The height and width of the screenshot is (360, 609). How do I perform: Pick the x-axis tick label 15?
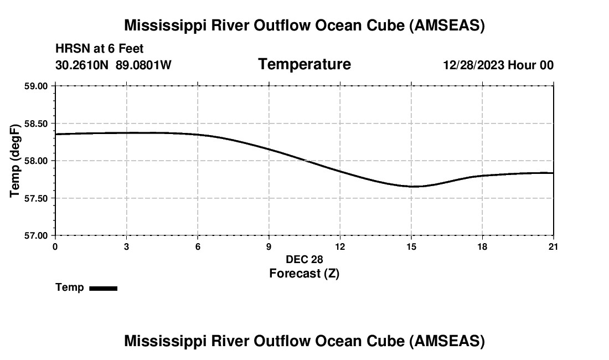[x=411, y=246]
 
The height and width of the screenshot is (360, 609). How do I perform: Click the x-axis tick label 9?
[x=269, y=246]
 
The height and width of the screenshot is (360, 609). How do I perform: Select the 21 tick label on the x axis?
[x=553, y=246]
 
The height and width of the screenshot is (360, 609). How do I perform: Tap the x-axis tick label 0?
[x=55, y=246]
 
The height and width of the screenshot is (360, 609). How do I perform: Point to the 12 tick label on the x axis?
[x=340, y=246]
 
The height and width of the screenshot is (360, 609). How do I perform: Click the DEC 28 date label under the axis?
[x=304, y=259]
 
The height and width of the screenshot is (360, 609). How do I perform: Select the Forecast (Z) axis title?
[x=304, y=273]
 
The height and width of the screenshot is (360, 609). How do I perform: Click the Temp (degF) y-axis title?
[x=16, y=161]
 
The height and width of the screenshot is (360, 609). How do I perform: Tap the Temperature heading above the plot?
[x=304, y=64]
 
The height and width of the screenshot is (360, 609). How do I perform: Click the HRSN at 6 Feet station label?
[x=100, y=49]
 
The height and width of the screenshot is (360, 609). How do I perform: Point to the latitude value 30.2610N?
[x=83, y=65]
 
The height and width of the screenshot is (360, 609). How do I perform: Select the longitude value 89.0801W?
[x=143, y=65]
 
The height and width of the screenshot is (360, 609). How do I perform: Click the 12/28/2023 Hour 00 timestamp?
[x=498, y=65]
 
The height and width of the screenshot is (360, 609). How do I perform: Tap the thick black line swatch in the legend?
[x=103, y=288]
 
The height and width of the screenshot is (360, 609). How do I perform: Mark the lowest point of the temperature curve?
[x=413, y=186]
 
